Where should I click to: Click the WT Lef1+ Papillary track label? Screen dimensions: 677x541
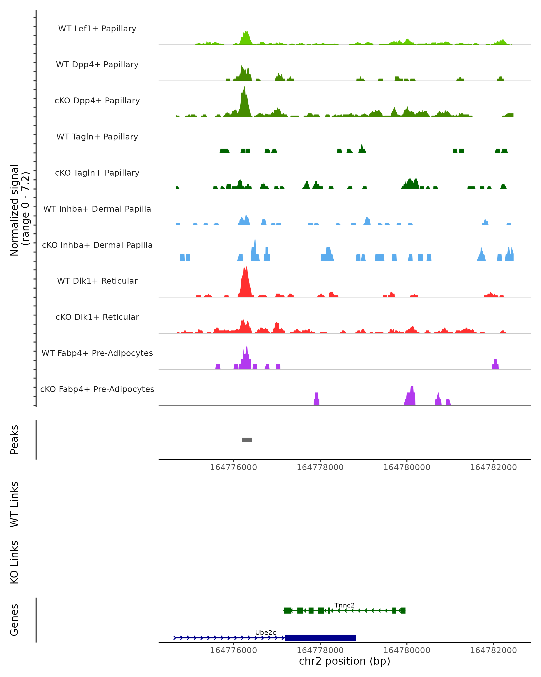point(97,29)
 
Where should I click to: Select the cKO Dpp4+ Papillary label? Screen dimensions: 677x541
point(97,101)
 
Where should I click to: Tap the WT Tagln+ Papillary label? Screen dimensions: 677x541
point(97,137)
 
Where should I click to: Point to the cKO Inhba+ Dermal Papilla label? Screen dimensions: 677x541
point(97,245)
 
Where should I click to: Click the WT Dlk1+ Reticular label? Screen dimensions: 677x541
point(97,281)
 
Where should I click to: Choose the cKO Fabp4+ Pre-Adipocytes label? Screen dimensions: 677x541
point(97,389)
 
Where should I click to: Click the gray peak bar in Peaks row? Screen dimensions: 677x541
point(247,440)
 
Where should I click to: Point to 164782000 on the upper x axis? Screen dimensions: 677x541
point(493,467)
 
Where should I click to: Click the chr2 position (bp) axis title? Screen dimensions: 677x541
point(344,661)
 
